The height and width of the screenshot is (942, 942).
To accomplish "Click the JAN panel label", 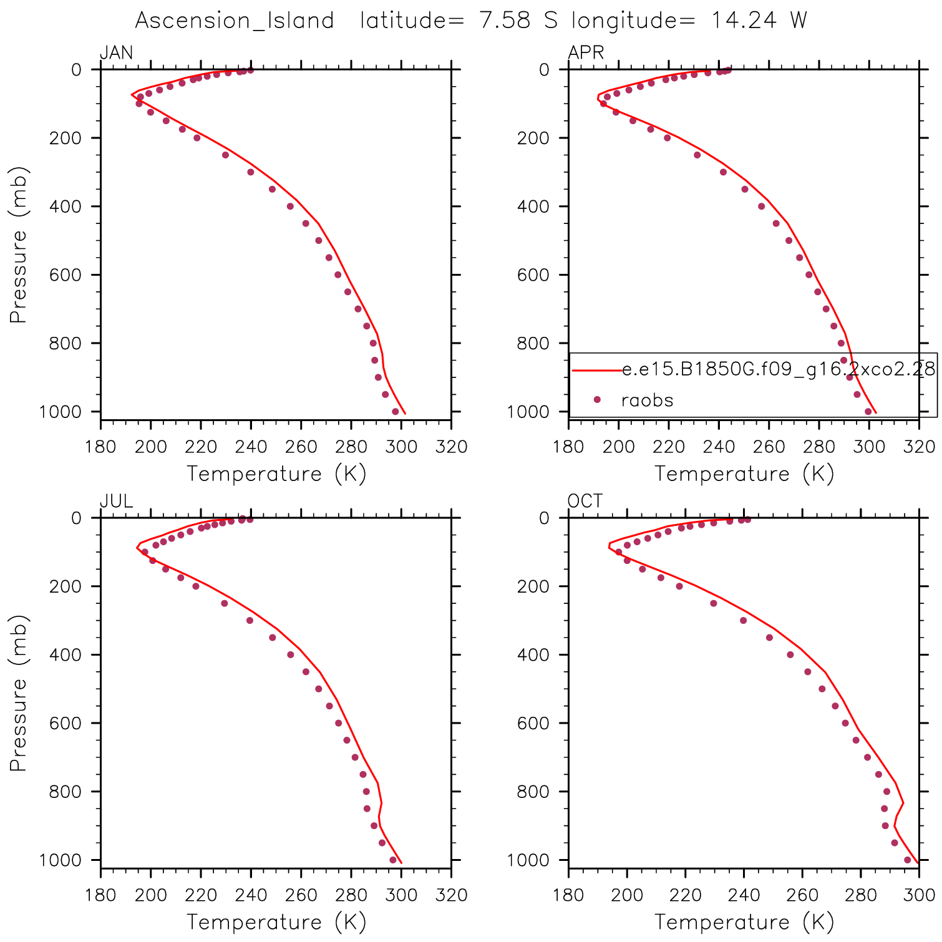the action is pyautogui.click(x=117, y=52).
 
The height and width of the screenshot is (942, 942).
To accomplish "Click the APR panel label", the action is pyautogui.click(x=586, y=52).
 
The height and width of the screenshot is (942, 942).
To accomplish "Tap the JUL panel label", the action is pyautogui.click(x=117, y=501).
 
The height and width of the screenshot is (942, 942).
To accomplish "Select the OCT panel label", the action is pyautogui.click(x=585, y=501).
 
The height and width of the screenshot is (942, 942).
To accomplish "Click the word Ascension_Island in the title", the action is pyautogui.click(x=235, y=21).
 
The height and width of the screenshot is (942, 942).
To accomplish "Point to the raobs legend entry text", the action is pyautogui.click(x=648, y=400).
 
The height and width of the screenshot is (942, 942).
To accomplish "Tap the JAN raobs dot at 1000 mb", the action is pyautogui.click(x=395, y=412).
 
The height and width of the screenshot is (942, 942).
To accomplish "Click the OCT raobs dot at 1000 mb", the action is pyautogui.click(x=907, y=860).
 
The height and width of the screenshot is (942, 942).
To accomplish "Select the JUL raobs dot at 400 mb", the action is pyautogui.click(x=290, y=654).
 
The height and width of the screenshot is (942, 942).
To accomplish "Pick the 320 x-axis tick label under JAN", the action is pyautogui.click(x=451, y=447).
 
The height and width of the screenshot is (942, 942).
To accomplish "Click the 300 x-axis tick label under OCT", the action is pyautogui.click(x=919, y=895).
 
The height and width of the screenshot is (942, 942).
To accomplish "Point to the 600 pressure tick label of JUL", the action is pyautogui.click(x=65, y=723).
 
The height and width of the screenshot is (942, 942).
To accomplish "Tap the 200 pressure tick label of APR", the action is pyautogui.click(x=533, y=138).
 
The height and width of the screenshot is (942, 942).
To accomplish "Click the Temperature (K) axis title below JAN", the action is pyautogui.click(x=276, y=474).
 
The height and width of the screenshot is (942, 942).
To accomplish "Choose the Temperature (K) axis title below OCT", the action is pyautogui.click(x=744, y=922).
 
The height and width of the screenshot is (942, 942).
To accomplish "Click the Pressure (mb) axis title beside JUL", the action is pyautogui.click(x=19, y=693).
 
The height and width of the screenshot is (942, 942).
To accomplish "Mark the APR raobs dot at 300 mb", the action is pyautogui.click(x=723, y=172).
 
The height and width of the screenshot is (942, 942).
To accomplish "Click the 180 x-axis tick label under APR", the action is pyautogui.click(x=568, y=447).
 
